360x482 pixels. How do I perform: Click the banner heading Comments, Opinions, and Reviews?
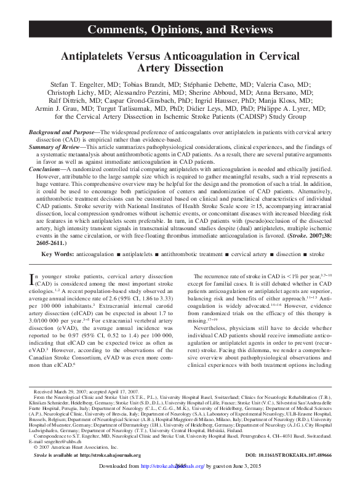point(179,28)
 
